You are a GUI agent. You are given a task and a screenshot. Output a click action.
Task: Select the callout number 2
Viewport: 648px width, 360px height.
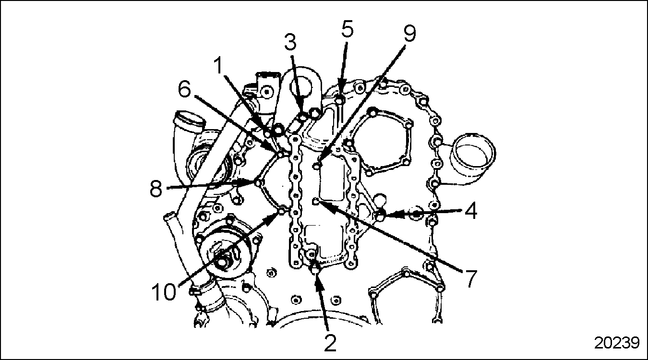(x=330, y=343)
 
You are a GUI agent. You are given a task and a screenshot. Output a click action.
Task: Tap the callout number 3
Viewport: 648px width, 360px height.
(x=290, y=41)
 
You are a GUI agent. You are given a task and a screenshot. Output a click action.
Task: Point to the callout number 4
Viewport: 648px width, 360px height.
(x=471, y=212)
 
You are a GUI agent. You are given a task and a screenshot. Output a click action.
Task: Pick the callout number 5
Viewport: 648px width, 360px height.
(x=347, y=29)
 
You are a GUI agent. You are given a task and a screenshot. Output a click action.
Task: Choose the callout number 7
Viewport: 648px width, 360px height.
(x=471, y=278)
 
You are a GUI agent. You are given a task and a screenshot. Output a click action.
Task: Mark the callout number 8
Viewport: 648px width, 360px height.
(x=156, y=189)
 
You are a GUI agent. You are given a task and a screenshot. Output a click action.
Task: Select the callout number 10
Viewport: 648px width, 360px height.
(x=164, y=291)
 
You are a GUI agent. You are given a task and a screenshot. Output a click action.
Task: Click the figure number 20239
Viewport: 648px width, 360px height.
(x=617, y=343)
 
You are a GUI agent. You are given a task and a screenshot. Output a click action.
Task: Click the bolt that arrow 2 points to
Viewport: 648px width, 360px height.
(x=314, y=268)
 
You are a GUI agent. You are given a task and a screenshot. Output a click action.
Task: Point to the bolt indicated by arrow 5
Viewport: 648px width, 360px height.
(x=340, y=101)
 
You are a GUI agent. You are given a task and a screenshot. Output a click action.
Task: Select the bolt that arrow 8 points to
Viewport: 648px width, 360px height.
(x=259, y=182)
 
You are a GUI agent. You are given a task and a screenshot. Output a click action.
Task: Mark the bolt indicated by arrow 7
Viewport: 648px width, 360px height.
(x=316, y=202)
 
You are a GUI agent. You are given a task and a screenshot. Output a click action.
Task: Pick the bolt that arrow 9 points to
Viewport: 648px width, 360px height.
(x=317, y=166)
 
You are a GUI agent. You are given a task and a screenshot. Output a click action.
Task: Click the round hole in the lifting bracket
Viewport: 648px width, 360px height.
(x=302, y=86)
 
